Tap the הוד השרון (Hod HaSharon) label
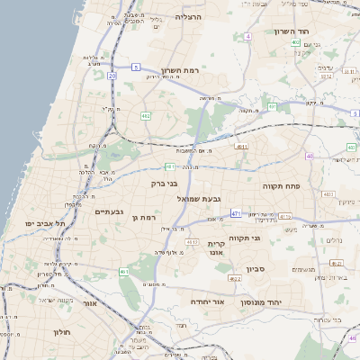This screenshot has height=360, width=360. [x=291, y=31]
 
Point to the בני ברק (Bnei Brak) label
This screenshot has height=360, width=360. [x=139, y=184]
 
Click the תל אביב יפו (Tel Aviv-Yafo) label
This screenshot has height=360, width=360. [x=42, y=222]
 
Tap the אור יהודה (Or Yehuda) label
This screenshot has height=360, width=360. [x=206, y=302]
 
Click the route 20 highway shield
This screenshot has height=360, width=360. [x=112, y=76]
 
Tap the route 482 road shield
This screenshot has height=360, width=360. [x=146, y=116]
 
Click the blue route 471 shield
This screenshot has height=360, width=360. [x=235, y=213]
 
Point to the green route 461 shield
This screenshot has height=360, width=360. [x=123, y=271]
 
